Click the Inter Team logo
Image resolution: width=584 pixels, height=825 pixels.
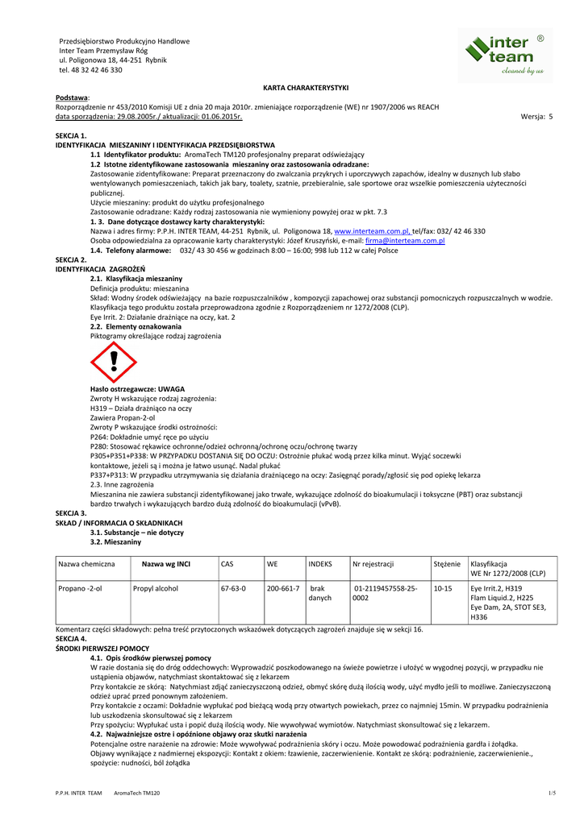pos(506,55)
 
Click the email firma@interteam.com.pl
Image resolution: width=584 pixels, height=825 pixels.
pos(405,240)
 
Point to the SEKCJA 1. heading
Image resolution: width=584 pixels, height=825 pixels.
pos(71,136)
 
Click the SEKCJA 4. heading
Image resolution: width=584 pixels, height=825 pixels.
pos(71,637)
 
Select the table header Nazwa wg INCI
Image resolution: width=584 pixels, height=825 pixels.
pos(165,564)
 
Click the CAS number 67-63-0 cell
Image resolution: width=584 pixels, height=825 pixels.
pos(233,588)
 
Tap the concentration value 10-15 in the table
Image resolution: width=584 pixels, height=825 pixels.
pos(443,588)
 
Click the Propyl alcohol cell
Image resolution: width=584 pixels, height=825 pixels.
pos(155,588)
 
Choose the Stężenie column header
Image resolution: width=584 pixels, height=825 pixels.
pos(447,564)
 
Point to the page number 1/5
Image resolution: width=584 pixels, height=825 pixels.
pos(552,794)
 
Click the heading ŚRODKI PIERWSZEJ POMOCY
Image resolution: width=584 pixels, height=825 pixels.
pos(102,648)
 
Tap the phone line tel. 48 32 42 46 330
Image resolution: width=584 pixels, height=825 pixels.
pos(90,70)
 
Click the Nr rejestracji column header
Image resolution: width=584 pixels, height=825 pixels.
pos(373,564)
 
